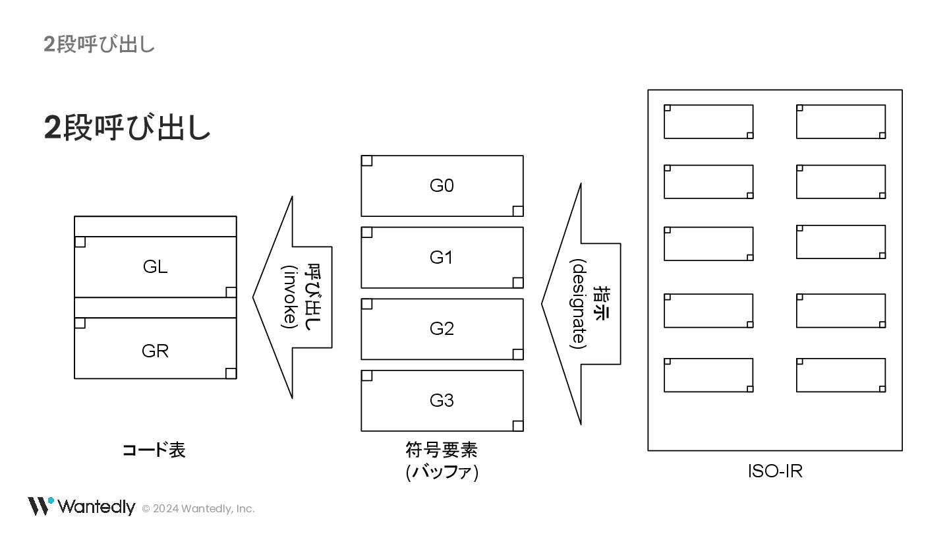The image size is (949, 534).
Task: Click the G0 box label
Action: pyautogui.click(x=442, y=186)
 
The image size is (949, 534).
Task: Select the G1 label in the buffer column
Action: pyautogui.click(x=442, y=257)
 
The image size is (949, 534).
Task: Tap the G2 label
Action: pyautogui.click(x=442, y=328)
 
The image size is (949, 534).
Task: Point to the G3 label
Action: pyautogui.click(x=442, y=400)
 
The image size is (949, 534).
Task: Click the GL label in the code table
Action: pyautogui.click(x=155, y=267)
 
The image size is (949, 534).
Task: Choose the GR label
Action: pyautogui.click(x=155, y=351)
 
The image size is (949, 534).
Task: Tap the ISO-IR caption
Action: pyautogui.click(x=774, y=472)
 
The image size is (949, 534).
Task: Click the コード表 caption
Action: pyautogui.click(x=154, y=450)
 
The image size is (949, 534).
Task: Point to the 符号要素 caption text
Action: pyautogui.click(x=442, y=450)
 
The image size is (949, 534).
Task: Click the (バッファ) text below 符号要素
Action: pyautogui.click(x=442, y=473)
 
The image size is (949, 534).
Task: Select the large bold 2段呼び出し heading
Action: pyautogui.click(x=127, y=127)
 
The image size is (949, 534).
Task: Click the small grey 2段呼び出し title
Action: pyautogui.click(x=99, y=44)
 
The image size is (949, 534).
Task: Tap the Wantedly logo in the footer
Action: pyautogui.click(x=81, y=506)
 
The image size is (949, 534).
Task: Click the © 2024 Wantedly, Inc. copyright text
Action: pyautogui.click(x=198, y=508)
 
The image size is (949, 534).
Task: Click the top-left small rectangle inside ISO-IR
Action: pyautogui.click(x=708, y=121)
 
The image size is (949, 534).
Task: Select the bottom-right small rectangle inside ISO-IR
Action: pyautogui.click(x=840, y=375)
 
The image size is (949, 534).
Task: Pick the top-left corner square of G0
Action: pyautogui.click(x=367, y=161)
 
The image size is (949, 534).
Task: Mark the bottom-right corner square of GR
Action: pyautogui.click(x=231, y=373)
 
